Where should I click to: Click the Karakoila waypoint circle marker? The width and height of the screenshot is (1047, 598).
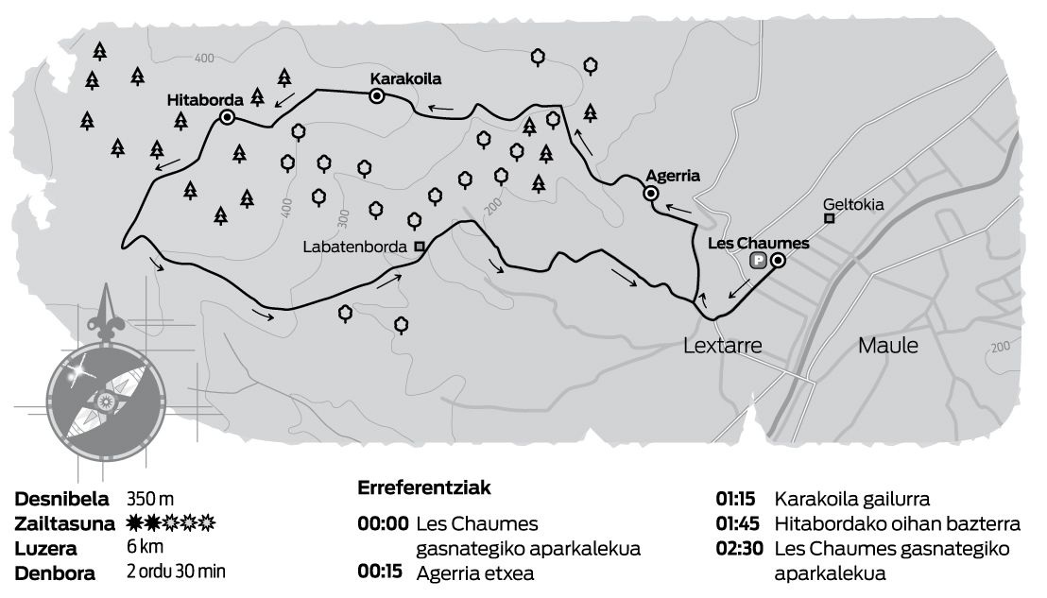[x=376, y=95]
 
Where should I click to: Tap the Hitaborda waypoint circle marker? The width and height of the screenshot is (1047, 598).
[x=227, y=117]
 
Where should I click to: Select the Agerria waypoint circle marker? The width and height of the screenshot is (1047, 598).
[x=650, y=194]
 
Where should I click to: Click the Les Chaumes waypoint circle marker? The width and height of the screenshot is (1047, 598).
[x=778, y=261]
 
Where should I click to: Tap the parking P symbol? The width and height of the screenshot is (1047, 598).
[x=758, y=262]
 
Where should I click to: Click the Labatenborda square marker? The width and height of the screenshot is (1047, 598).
[x=420, y=247]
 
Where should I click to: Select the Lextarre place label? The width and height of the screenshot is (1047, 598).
[x=722, y=346]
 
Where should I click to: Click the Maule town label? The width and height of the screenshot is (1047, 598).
[x=887, y=346]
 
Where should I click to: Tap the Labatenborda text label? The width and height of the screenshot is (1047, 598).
[x=358, y=247]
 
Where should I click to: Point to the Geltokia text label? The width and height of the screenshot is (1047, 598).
[x=853, y=202]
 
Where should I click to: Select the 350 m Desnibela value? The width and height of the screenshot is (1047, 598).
[x=150, y=499]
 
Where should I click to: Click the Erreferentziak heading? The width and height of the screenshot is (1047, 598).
[x=423, y=488]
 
